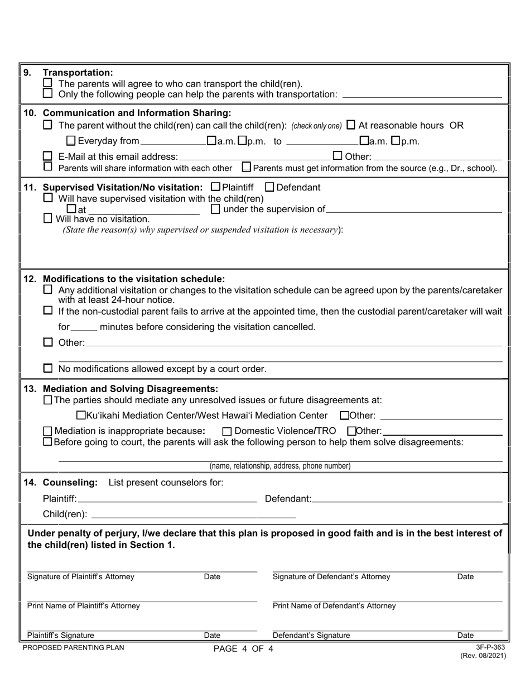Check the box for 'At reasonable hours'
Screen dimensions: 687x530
tap(351, 125)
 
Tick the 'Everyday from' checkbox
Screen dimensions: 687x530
tap(70, 141)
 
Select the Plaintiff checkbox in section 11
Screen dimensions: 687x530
tap(216, 187)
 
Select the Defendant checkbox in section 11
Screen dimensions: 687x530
tap(269, 187)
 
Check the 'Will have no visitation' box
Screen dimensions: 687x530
tap(48, 219)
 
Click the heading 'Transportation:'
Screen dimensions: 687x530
tap(78, 73)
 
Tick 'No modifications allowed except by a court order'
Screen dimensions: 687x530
tap(48, 369)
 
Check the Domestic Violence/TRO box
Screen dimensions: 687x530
tap(227, 431)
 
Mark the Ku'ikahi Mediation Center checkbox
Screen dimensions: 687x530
tap(81, 415)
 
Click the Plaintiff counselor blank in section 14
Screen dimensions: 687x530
tap(167, 499)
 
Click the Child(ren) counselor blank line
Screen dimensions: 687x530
tap(192, 514)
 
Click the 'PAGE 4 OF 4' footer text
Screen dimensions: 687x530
tap(244, 649)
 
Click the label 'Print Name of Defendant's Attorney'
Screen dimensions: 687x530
tap(334, 606)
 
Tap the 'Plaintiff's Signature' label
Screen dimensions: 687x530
tap(61, 635)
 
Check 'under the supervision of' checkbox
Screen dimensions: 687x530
tap(216, 209)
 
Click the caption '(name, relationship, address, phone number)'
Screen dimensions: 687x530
tap(280, 466)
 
